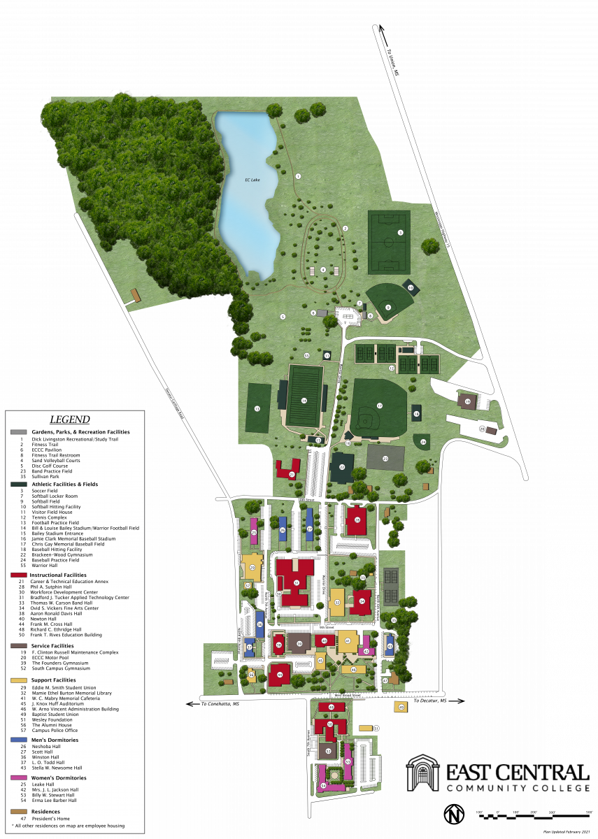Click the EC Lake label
(252, 180)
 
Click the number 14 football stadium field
(304, 400)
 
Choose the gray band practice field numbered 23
(386, 459)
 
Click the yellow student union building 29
(252, 567)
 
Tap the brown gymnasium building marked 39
(299, 644)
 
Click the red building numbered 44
(280, 675)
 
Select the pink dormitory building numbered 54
(324, 786)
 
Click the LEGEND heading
(70, 419)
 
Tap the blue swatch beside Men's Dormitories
(19, 740)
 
